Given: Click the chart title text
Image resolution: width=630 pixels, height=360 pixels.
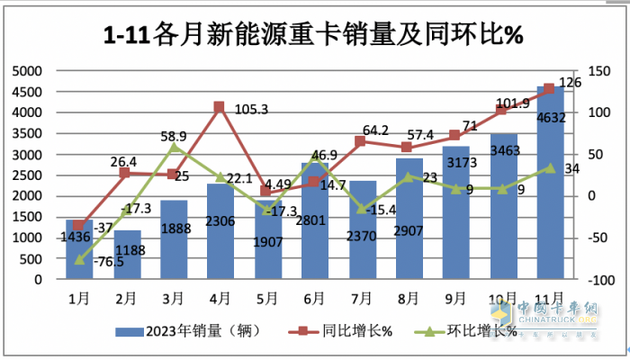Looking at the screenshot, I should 314,35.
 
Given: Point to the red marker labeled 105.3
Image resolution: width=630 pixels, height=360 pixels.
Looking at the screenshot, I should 218,108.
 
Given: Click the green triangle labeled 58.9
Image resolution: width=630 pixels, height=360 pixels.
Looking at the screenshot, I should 175,147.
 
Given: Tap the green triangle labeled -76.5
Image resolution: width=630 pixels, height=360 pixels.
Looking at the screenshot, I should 80,259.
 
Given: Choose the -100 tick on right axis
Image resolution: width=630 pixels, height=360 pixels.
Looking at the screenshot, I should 594,280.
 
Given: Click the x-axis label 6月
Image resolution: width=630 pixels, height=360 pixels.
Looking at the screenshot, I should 314,296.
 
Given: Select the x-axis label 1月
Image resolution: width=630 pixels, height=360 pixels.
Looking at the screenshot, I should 80,296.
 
